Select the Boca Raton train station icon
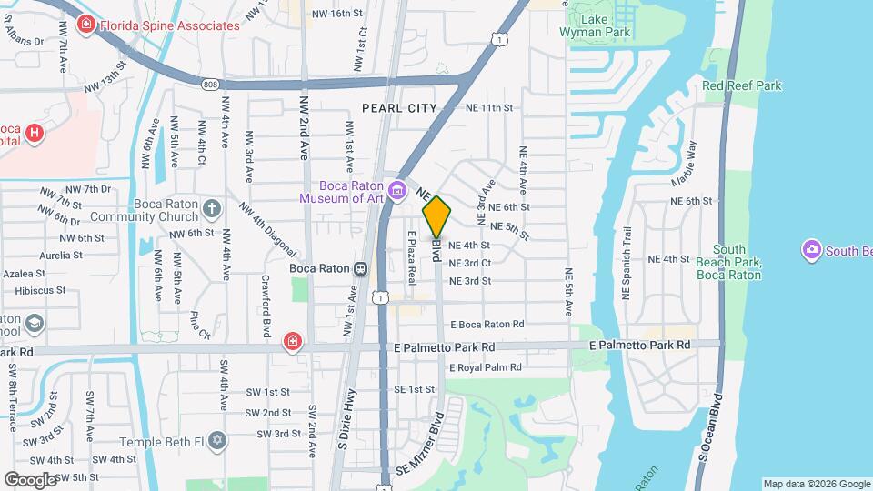[361, 268]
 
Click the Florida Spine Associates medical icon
[86, 25]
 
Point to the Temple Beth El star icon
[216, 441]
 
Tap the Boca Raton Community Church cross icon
[211, 209]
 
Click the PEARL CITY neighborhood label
[399, 107]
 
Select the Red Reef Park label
[741, 85]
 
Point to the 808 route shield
[211, 84]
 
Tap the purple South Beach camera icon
[810, 249]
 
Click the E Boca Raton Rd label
[487, 324]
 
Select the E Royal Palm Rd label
[484, 367]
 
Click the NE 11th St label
[489, 107]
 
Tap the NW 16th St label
[336, 14]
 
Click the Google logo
[30, 479]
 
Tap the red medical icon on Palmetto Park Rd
[292, 341]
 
